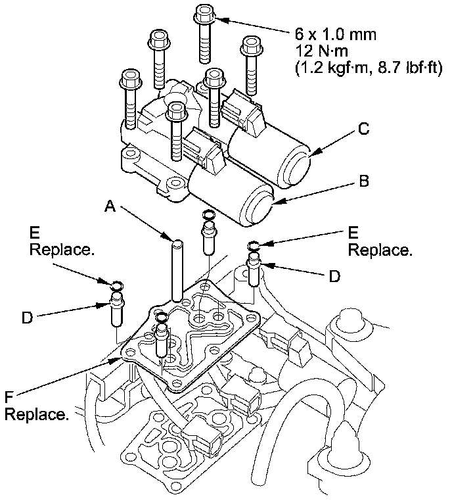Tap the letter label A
coord(110,208)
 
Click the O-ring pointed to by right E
coord(254,246)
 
